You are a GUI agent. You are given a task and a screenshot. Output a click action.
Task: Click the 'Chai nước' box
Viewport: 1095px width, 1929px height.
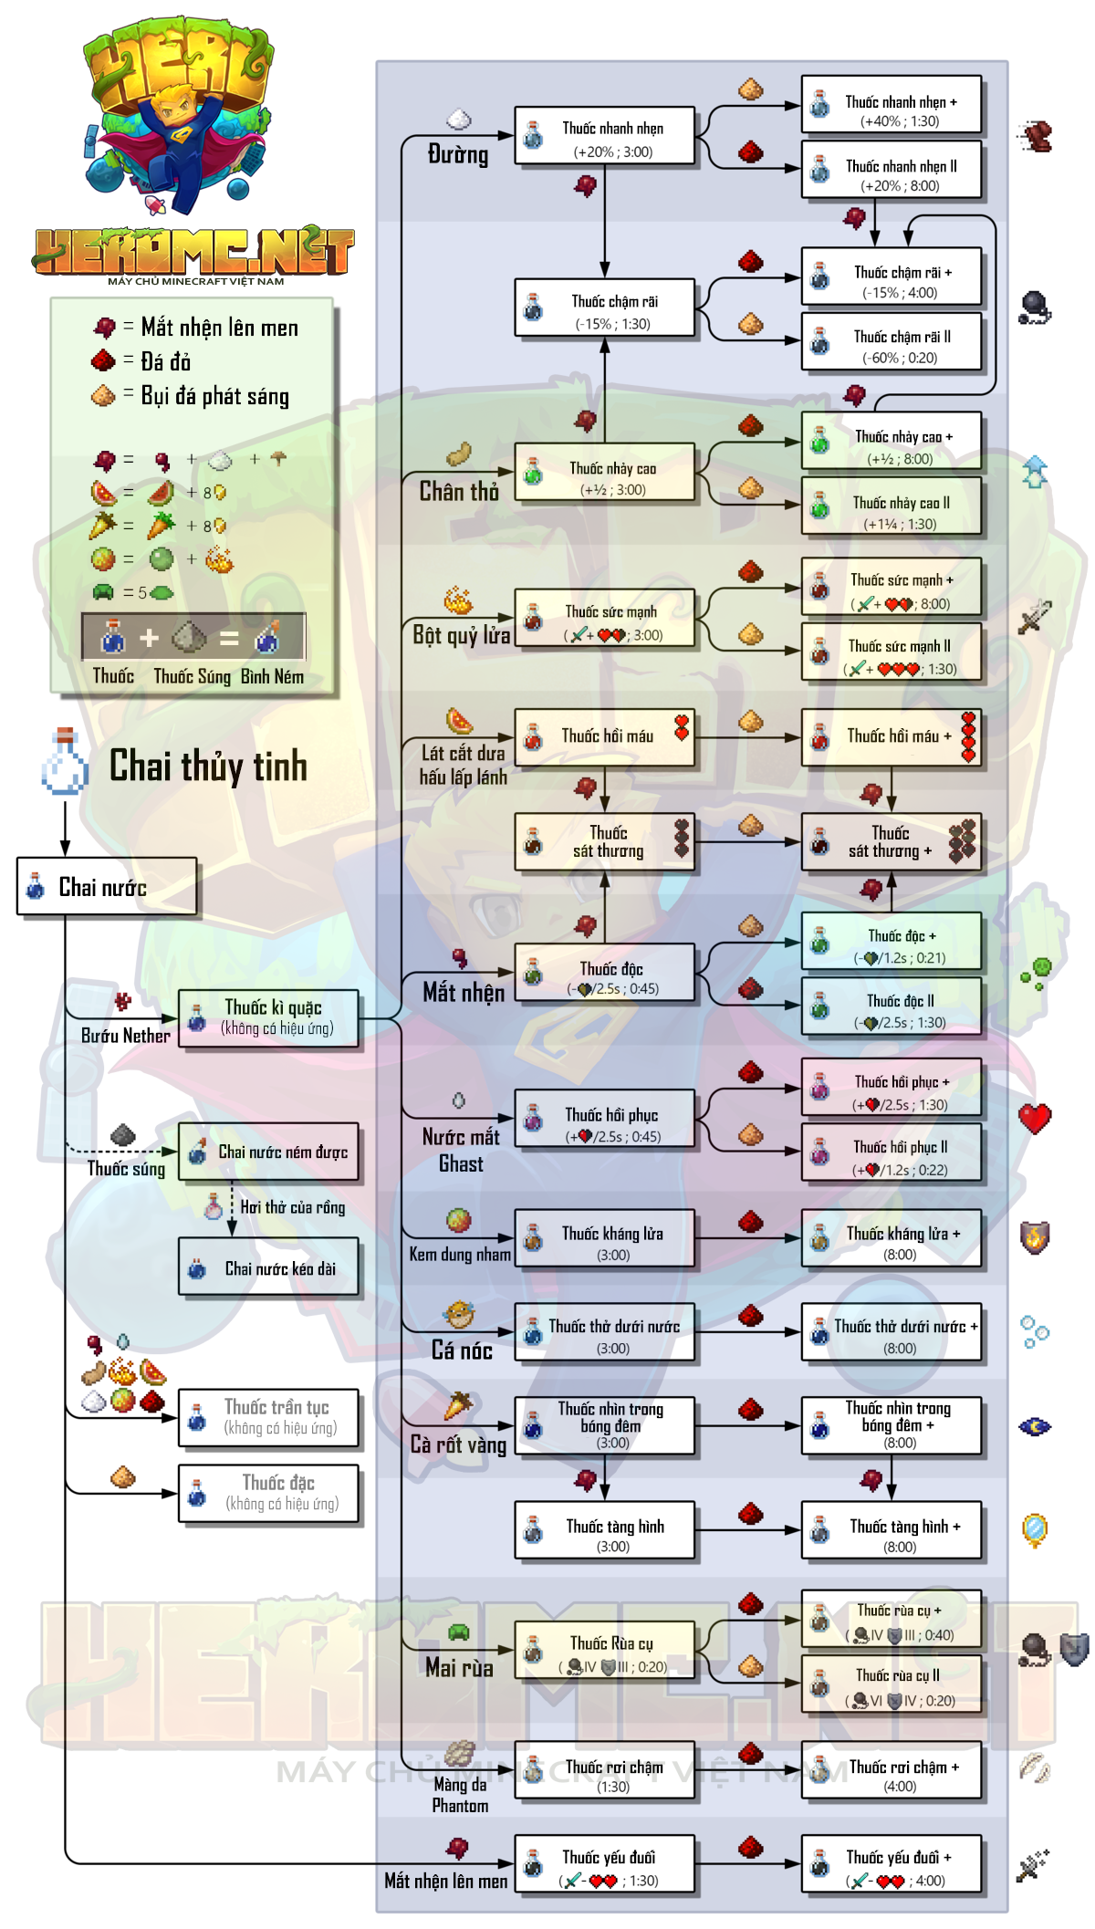107,886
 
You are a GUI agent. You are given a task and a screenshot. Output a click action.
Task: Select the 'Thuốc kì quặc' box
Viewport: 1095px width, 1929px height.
268,1018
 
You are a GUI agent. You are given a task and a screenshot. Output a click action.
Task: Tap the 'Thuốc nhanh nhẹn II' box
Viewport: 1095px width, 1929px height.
892,169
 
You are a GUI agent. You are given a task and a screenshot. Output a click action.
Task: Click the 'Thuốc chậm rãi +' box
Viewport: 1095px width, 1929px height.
892,276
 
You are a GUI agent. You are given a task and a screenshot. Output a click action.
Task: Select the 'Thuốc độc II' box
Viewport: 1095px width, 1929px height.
892,1006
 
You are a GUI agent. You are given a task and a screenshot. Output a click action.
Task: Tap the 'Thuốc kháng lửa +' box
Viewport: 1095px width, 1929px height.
892,1238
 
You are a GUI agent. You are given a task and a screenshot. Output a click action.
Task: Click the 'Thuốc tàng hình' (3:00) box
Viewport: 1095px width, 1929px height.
605,1530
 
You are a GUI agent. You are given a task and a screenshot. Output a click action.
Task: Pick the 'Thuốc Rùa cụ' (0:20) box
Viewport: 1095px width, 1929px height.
605,1651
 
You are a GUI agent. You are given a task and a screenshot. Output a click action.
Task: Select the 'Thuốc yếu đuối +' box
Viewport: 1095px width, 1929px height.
892,1864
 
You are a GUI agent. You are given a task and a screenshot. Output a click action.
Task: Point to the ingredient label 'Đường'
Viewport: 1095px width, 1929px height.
458,154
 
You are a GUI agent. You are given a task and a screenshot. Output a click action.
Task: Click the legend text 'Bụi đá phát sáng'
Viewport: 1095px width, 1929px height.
215,396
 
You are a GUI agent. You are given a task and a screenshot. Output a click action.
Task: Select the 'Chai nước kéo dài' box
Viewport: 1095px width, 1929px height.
268,1267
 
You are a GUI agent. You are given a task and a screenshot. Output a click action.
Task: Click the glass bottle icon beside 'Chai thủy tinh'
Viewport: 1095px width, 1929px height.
65,761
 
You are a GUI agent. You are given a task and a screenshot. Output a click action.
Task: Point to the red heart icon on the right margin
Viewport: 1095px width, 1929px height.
1035,1118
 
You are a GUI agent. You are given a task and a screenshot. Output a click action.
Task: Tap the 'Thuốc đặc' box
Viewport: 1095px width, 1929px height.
268,1494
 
